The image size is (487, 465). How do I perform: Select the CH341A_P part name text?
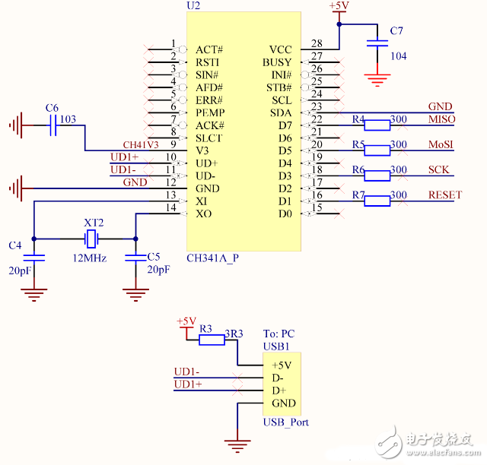(x=213, y=258)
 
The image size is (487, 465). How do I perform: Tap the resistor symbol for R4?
(x=377, y=125)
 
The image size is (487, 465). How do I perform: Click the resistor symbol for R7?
(x=377, y=201)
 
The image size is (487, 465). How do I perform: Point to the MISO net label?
(x=442, y=120)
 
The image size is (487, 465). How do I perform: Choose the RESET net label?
(x=444, y=195)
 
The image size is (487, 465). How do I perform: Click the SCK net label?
(x=438, y=169)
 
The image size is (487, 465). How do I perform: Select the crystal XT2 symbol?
(x=92, y=239)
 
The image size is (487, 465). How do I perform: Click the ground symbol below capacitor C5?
(x=135, y=292)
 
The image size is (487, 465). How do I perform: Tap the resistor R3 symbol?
(x=212, y=340)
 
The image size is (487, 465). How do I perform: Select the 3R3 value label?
(x=234, y=333)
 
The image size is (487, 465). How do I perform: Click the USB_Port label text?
(x=285, y=422)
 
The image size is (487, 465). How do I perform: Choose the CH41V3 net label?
(x=141, y=144)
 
